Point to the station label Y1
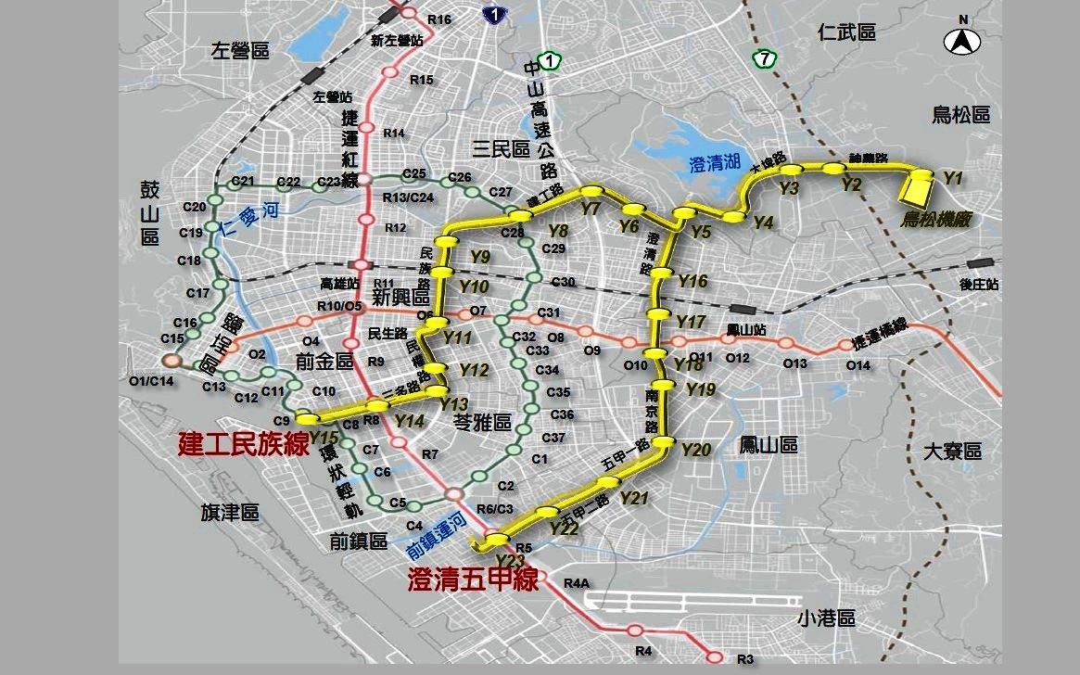[953, 177]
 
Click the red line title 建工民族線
[243, 444]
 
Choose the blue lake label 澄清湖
[715, 165]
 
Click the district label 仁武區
[846, 33]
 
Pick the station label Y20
[695, 450]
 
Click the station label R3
[745, 659]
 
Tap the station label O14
[858, 365]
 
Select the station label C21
[244, 180]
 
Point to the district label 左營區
[239, 51]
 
